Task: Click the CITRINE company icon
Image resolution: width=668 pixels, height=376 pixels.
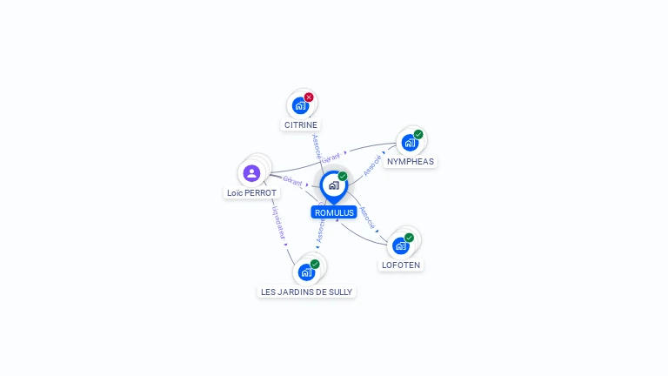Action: click(x=300, y=105)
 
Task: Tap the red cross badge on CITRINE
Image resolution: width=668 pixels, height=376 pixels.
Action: click(x=309, y=97)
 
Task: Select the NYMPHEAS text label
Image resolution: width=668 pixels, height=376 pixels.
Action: click(x=411, y=161)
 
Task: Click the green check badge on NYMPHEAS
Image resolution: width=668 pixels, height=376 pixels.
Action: click(x=418, y=135)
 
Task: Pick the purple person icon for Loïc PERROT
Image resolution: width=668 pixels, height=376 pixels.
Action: click(x=252, y=172)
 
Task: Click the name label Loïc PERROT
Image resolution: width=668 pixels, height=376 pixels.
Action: click(x=251, y=192)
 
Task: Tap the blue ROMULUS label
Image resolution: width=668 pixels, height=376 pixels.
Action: click(x=334, y=212)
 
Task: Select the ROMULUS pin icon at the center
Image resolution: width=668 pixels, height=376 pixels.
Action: click(x=333, y=185)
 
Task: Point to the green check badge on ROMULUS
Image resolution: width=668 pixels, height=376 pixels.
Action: click(x=343, y=177)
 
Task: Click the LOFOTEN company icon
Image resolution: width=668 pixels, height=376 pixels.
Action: click(x=401, y=245)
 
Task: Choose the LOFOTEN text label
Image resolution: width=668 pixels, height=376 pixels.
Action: click(x=401, y=265)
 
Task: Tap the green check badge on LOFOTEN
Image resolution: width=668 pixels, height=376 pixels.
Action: click(x=409, y=238)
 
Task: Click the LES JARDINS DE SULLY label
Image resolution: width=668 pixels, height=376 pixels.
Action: click(x=307, y=292)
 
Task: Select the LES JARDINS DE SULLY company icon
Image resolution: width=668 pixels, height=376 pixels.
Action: click(x=306, y=272)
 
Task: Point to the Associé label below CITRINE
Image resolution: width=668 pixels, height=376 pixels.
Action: click(x=317, y=146)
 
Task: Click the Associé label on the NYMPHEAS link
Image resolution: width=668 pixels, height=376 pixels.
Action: click(x=372, y=166)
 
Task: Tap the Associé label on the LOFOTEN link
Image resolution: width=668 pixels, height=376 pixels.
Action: click(x=369, y=217)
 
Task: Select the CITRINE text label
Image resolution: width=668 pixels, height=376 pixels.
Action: click(x=301, y=124)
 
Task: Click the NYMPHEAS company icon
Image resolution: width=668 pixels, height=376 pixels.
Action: click(x=410, y=143)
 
